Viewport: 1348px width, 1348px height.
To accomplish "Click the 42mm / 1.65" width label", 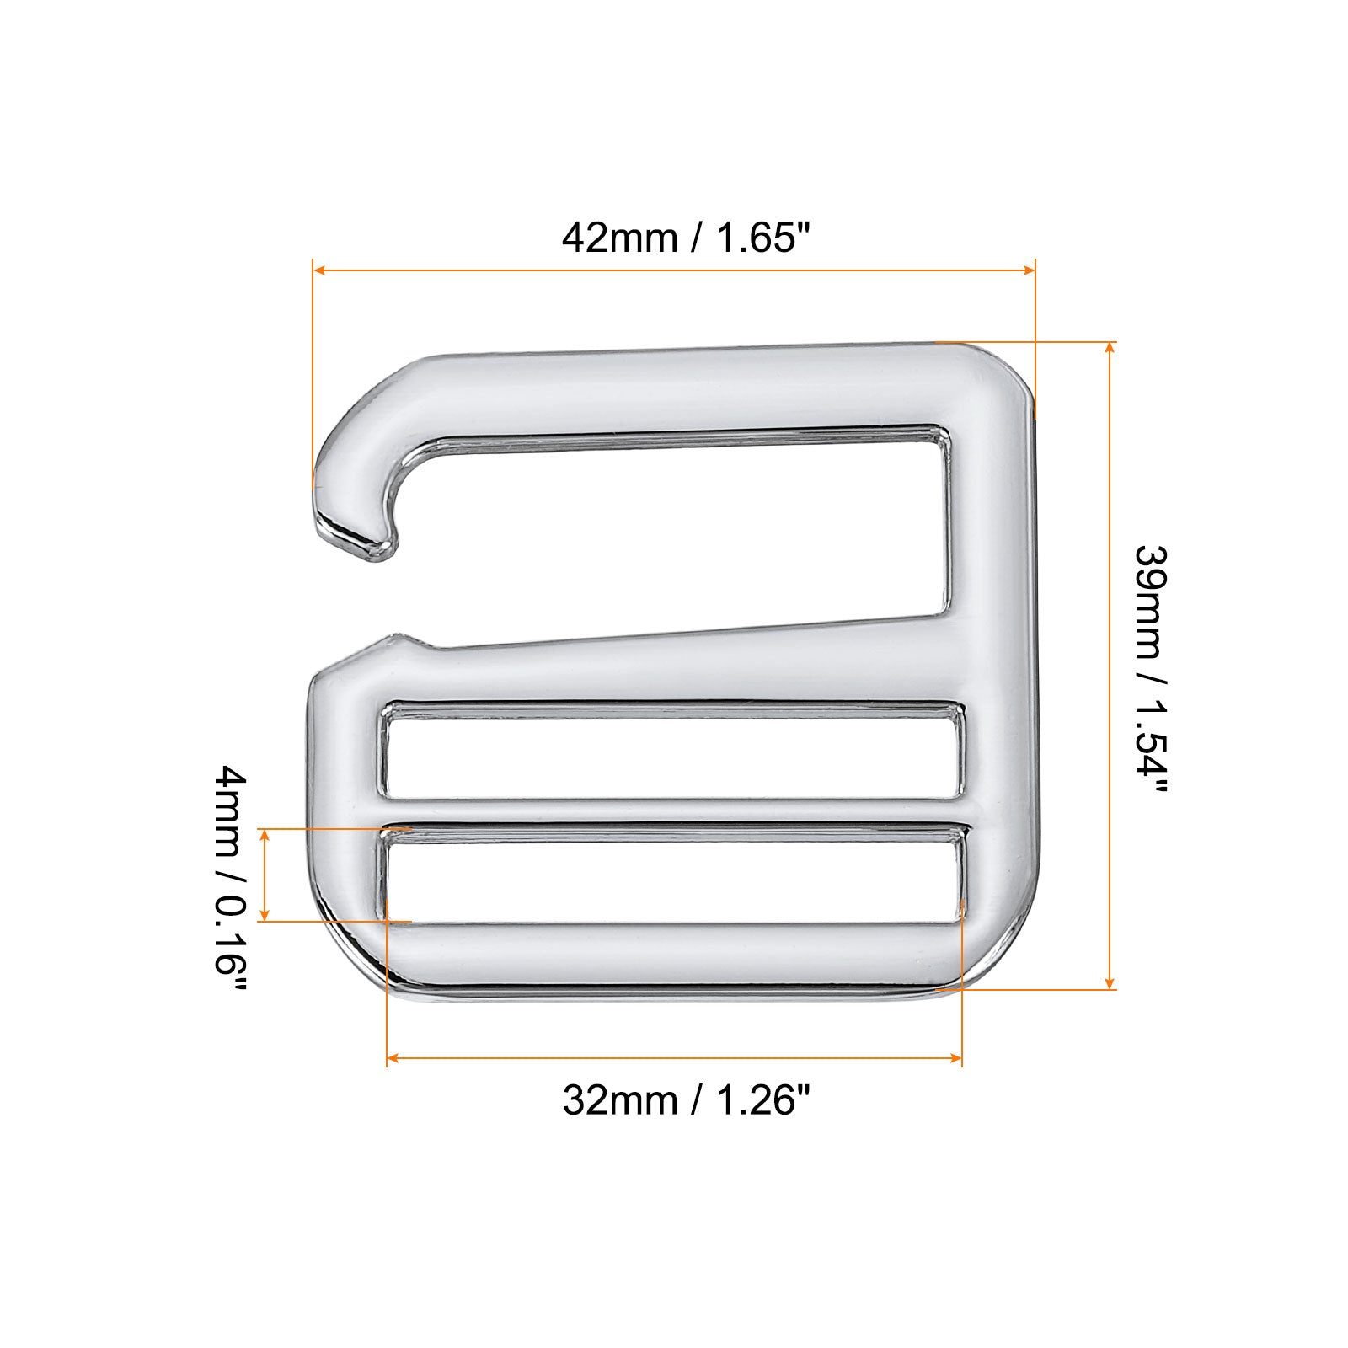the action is [690, 238].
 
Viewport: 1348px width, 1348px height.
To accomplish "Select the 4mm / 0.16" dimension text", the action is [232, 880].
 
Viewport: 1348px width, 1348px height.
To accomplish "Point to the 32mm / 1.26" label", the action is [690, 1100].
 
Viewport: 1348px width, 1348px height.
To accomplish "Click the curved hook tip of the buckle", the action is [354, 531].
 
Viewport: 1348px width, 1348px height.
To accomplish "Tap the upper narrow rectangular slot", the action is [672, 751].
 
